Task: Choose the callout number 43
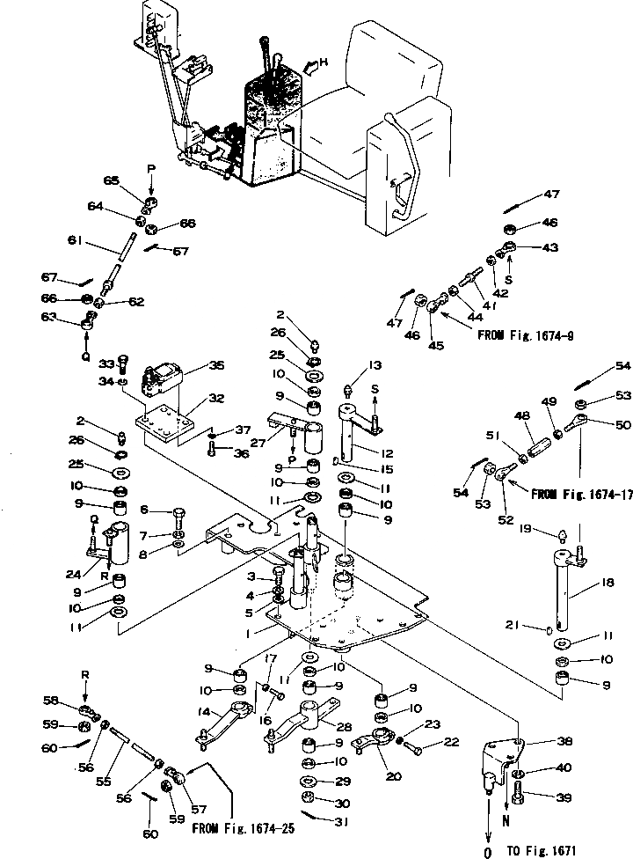[x=550, y=247]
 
